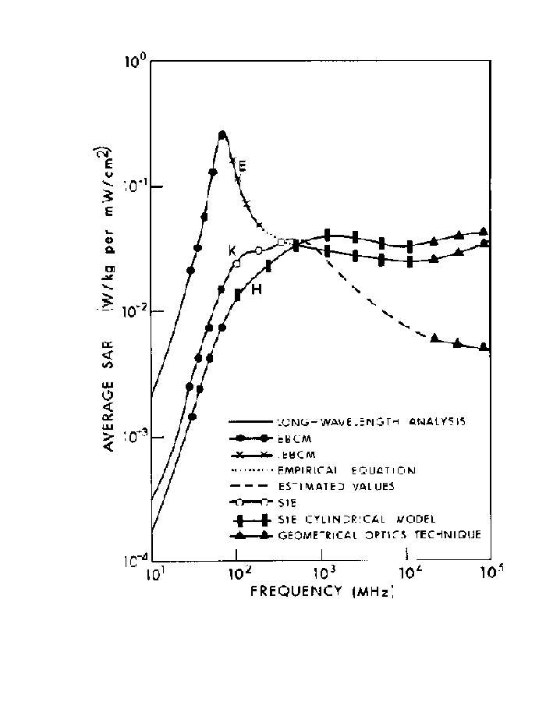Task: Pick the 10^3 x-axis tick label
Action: (324, 576)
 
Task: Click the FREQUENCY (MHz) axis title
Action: (321, 591)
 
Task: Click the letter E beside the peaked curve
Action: (243, 165)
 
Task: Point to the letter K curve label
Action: (232, 250)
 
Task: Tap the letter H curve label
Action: (255, 290)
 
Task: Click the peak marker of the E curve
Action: (222, 135)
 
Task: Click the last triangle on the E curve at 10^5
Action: (484, 346)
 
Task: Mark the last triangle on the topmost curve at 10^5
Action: (484, 232)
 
